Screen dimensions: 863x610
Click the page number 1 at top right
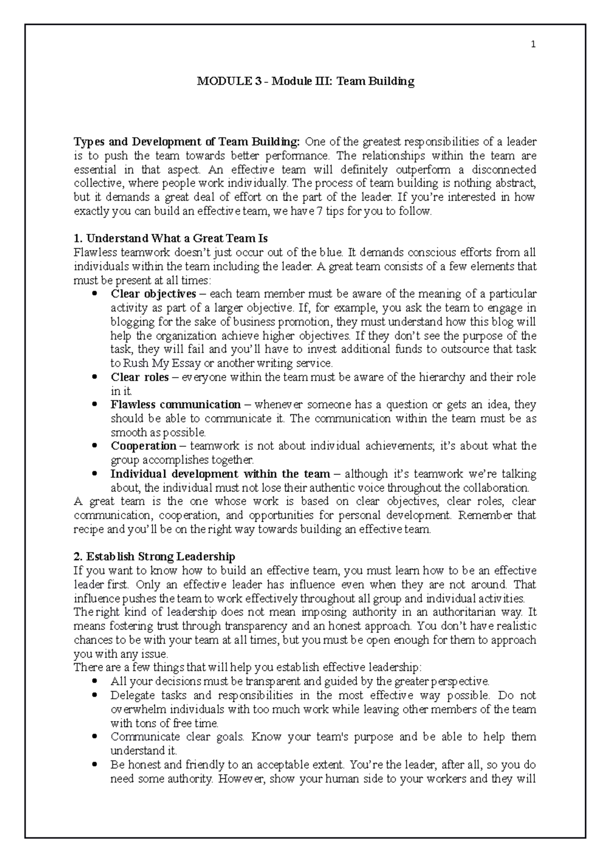coord(533,45)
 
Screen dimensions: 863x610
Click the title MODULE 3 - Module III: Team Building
coord(306,81)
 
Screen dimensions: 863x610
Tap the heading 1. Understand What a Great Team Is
coord(170,238)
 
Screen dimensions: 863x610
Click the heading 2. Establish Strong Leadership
coord(155,557)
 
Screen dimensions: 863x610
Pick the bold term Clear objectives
coord(153,294)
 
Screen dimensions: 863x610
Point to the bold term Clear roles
coord(139,377)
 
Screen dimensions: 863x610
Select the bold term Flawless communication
coord(175,405)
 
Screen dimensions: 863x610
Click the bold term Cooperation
coord(143,446)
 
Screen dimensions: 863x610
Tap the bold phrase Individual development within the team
coord(220,474)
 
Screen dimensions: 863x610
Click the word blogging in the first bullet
coord(130,322)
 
